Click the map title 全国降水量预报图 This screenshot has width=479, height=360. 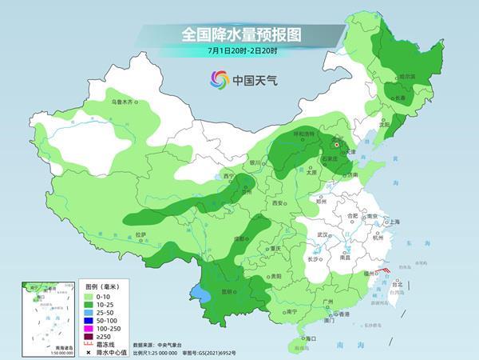(239, 35)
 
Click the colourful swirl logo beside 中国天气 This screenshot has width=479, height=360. (219, 79)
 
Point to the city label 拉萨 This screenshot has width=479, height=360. (141, 234)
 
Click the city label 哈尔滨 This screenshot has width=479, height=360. (406, 77)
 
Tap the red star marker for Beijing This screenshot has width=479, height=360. (337, 146)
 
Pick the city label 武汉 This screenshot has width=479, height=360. (323, 234)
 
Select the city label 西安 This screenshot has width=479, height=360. (279, 204)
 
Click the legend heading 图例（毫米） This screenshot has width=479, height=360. (102, 285)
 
